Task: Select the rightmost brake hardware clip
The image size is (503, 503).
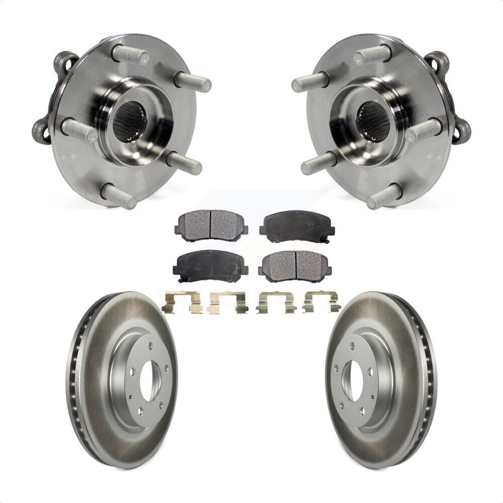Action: pos(322,303)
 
